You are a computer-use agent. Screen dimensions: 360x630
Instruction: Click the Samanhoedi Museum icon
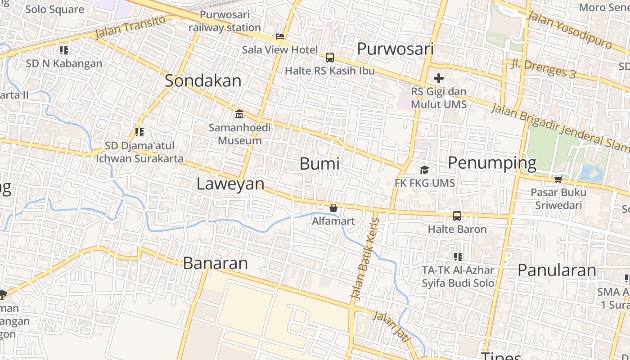click(239, 114)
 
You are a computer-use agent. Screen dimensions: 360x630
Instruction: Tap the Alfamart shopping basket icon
click(333, 208)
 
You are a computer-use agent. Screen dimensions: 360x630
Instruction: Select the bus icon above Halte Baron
click(457, 216)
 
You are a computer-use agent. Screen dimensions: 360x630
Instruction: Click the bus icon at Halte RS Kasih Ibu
click(330, 58)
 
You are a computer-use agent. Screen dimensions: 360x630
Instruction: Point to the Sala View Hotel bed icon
click(280, 36)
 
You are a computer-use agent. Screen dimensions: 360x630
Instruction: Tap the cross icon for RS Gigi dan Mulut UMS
click(439, 78)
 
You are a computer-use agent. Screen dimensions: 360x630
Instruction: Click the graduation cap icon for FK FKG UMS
click(424, 170)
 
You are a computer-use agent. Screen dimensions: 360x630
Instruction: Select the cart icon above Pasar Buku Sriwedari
click(558, 180)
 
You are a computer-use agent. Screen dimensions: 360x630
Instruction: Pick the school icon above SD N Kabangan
click(64, 50)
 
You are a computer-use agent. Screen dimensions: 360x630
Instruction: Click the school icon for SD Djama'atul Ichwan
click(139, 132)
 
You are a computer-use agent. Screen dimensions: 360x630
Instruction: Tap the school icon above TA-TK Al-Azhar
click(458, 257)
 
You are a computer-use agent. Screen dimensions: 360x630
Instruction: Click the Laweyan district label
click(230, 184)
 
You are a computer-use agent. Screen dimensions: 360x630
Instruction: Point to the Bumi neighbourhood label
click(319, 164)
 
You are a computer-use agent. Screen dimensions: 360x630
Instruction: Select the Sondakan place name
click(203, 81)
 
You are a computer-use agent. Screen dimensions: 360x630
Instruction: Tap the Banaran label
click(215, 263)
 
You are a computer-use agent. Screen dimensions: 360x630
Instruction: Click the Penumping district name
click(492, 163)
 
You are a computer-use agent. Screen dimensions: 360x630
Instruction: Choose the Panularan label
click(557, 270)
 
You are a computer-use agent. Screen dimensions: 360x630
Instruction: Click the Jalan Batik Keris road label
click(365, 259)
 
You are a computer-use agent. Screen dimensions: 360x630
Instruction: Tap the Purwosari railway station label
click(225, 21)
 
